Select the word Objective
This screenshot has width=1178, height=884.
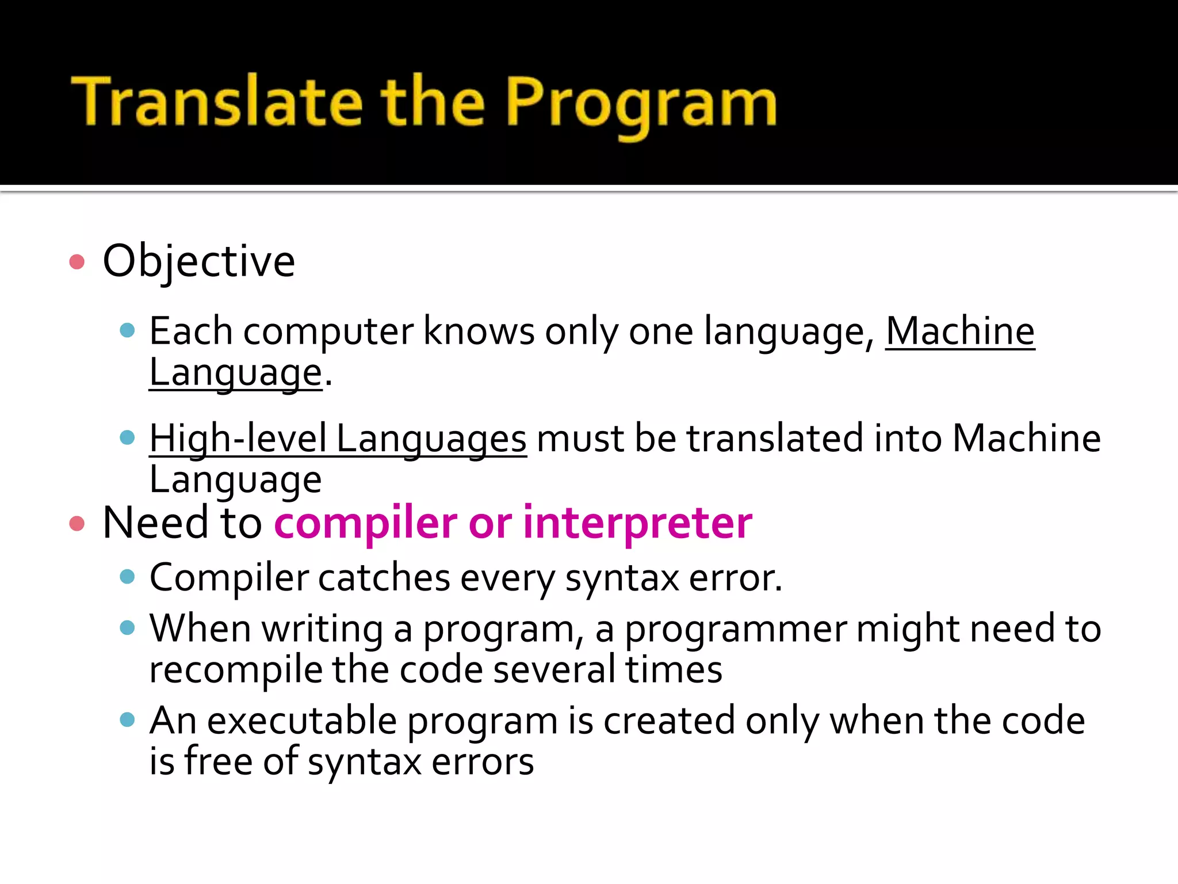point(198,261)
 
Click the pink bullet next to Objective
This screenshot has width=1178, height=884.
point(77,262)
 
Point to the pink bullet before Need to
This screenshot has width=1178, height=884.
point(77,523)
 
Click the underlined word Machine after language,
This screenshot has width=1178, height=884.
point(959,331)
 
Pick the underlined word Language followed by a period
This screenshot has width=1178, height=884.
point(235,373)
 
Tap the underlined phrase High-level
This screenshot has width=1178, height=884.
point(238,439)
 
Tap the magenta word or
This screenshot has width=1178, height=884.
point(490,524)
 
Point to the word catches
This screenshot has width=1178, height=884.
point(384,577)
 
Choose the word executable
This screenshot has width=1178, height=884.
point(302,721)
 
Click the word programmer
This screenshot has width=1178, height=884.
point(736,628)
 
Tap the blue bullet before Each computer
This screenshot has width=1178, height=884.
point(127,330)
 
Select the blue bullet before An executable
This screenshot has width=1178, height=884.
point(127,719)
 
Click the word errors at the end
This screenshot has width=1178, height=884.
point(482,762)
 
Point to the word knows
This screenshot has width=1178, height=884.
point(479,331)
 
